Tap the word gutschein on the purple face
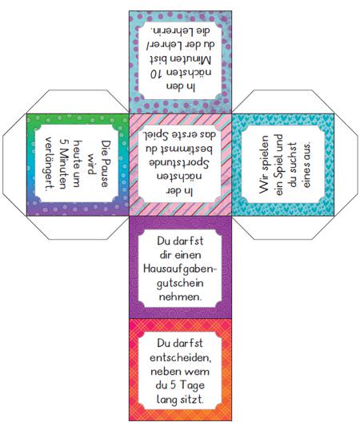(180, 284)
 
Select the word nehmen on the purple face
(179, 297)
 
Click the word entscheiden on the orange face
(180, 358)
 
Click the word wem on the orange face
(196, 372)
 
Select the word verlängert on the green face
(49, 163)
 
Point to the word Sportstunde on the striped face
(179, 163)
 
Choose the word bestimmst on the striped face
(179, 149)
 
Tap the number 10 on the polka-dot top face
(157, 74)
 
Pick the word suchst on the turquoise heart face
(292, 157)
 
